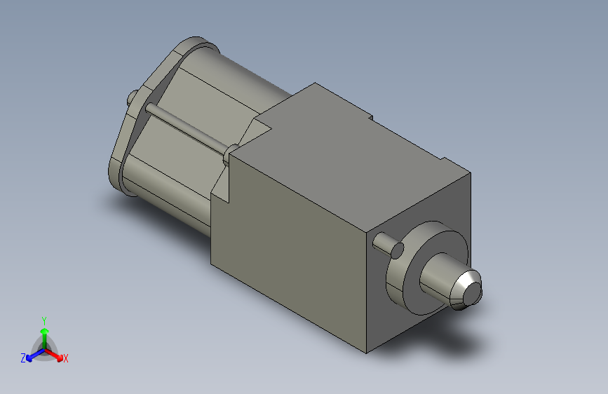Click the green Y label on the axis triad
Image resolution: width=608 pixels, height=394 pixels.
pyautogui.click(x=44, y=320)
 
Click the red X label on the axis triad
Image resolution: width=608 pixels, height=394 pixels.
pyautogui.click(x=65, y=358)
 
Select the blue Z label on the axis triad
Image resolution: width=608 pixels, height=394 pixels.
pyautogui.click(x=23, y=358)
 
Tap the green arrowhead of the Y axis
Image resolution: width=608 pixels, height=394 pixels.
pyautogui.click(x=45, y=331)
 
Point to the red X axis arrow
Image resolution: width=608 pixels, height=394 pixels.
pyautogui.click(x=54, y=355)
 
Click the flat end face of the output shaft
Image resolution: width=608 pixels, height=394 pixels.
pyautogui.click(x=473, y=292)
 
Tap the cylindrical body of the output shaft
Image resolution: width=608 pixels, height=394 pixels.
pyautogui.click(x=436, y=276)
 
